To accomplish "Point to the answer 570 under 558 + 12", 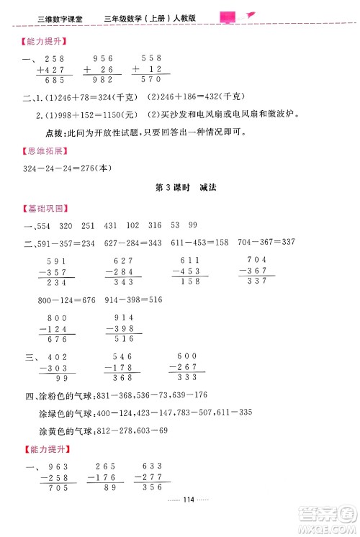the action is (x=150, y=79).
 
